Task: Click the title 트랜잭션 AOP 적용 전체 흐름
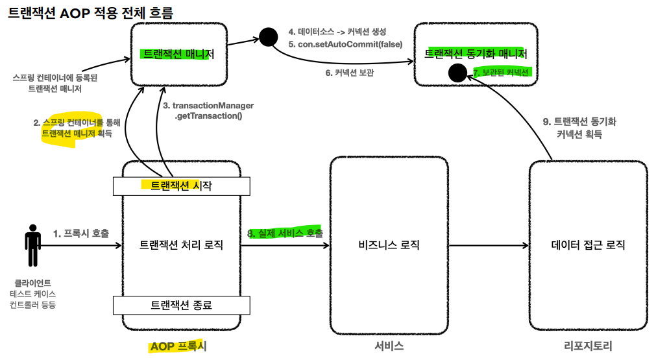pyautogui.click(x=90, y=12)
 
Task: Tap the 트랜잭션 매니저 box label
pyautogui.click(x=177, y=54)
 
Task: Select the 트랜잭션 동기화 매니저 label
pyautogui.click(x=475, y=54)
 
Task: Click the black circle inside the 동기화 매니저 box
pyautogui.click(x=457, y=73)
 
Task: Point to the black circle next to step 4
pyautogui.click(x=267, y=37)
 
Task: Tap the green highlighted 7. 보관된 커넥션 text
pyautogui.click(x=502, y=73)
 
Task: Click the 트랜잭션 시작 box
pyautogui.click(x=181, y=186)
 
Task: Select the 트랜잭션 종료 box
pyautogui.click(x=181, y=304)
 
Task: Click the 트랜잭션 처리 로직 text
pyautogui.click(x=181, y=245)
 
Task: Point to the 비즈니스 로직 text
pyautogui.click(x=389, y=245)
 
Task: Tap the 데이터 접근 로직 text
pyautogui.click(x=588, y=245)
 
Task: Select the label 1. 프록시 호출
pyautogui.click(x=81, y=233)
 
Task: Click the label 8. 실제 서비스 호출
pyautogui.click(x=285, y=233)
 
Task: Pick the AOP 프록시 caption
pyautogui.click(x=178, y=346)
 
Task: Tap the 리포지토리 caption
pyautogui.click(x=588, y=346)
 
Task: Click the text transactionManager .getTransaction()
pyautogui.click(x=208, y=111)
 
